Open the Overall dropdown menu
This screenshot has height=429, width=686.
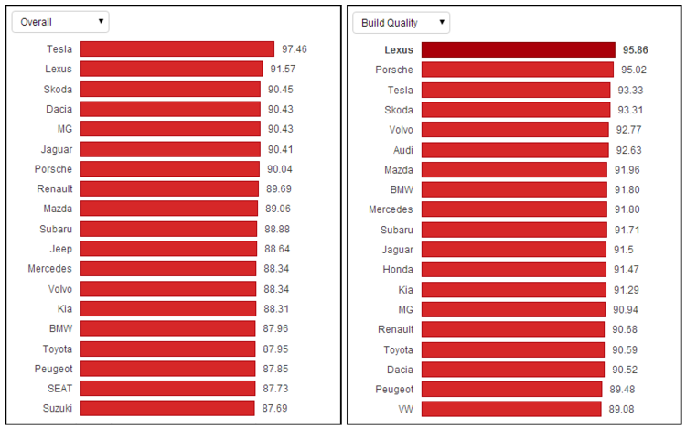click(x=59, y=21)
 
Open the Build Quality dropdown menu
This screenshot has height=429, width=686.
click(x=401, y=21)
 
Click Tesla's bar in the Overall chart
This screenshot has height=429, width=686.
click(x=177, y=48)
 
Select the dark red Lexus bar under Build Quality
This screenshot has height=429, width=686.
click(x=518, y=49)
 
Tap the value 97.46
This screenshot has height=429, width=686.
click(x=295, y=48)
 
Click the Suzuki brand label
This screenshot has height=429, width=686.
click(x=59, y=407)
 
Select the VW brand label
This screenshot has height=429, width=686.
click(x=403, y=409)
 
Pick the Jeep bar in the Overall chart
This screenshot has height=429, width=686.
click(x=169, y=248)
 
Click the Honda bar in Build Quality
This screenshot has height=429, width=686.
click(x=514, y=269)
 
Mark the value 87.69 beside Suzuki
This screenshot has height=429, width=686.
click(x=275, y=407)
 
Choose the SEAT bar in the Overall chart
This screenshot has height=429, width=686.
click(x=167, y=388)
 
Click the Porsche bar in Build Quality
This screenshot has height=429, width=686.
click(x=517, y=70)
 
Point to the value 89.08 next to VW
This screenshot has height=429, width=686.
click(x=621, y=409)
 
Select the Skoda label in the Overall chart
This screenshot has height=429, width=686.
click(x=58, y=89)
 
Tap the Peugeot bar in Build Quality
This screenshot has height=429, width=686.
click(x=511, y=389)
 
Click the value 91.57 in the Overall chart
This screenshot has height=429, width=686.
click(x=283, y=69)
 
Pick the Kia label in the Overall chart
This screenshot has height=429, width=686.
click(x=63, y=308)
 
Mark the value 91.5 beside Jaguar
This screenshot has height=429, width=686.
click(x=622, y=249)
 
